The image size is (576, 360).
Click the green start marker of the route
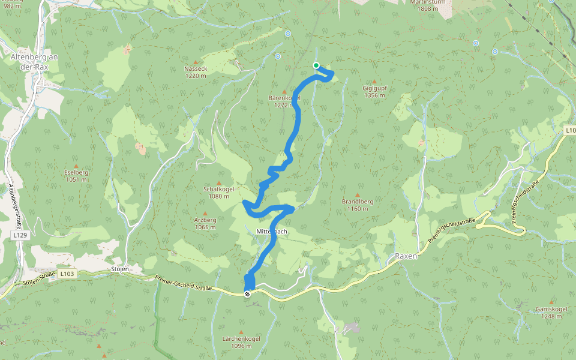point(316,65)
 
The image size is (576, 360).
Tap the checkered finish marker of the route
point(247,293)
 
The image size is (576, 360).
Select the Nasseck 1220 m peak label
point(196,72)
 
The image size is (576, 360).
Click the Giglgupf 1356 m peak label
point(374,92)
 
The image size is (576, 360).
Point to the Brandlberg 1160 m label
point(358,205)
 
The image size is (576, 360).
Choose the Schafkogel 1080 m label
point(217,193)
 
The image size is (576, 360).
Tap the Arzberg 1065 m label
point(205,223)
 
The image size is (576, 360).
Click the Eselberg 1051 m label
point(76,176)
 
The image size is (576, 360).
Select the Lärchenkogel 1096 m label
point(241,342)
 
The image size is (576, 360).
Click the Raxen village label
point(406,256)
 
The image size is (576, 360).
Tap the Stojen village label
point(120,269)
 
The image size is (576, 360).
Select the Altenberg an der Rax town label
point(34,62)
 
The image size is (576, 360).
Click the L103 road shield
point(67,274)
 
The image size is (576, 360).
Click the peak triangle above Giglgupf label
point(374,82)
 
